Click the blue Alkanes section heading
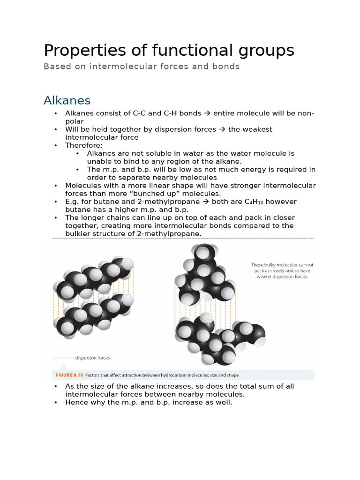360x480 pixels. (x=67, y=100)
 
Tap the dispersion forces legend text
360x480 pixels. (x=92, y=358)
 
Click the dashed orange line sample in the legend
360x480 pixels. (x=63, y=358)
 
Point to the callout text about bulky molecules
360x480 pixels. (x=282, y=271)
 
